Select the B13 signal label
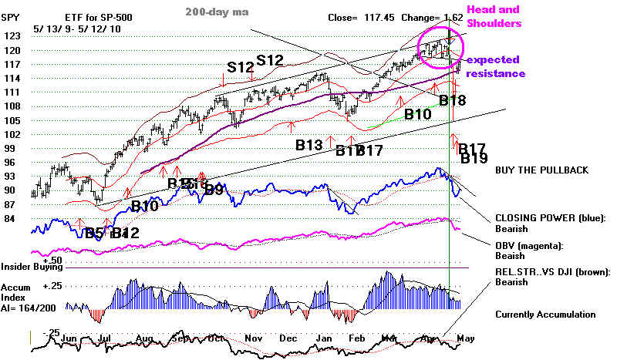[x=308, y=144]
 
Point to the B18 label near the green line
[x=453, y=99]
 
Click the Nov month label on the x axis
[x=254, y=338]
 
